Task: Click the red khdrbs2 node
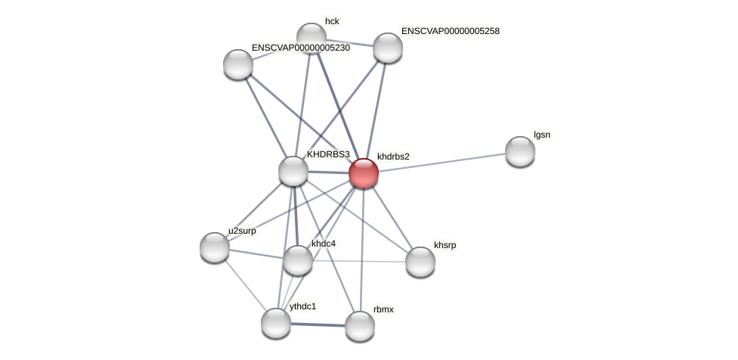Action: point(364,173)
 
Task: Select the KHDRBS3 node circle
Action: point(293,171)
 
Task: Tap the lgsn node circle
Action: point(520,151)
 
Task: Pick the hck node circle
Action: point(312,38)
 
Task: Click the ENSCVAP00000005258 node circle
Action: point(388,48)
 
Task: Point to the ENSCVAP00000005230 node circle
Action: point(238,64)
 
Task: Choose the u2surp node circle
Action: point(215,247)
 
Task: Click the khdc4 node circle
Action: point(298,260)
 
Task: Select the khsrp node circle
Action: point(420,262)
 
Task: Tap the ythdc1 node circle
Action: point(276,323)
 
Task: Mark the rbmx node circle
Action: point(360,326)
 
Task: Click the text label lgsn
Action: point(542,135)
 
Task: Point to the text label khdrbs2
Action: point(393,157)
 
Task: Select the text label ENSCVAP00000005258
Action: point(450,31)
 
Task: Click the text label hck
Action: point(332,21)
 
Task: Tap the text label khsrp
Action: point(445,245)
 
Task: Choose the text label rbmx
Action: point(383,309)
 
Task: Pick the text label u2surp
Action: point(242,231)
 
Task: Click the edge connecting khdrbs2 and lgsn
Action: point(442,162)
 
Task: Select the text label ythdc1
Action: point(302,306)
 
